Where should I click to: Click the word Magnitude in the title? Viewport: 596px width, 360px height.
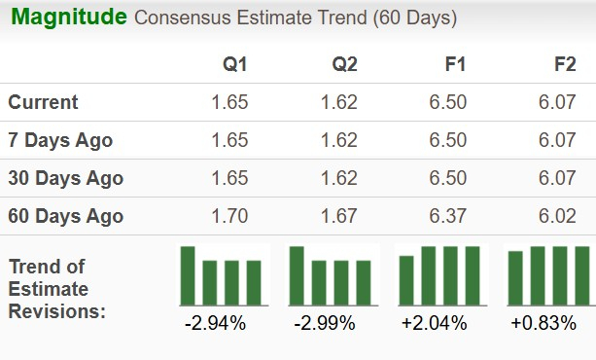coord(69,18)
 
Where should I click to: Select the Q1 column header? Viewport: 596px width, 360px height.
coord(235,65)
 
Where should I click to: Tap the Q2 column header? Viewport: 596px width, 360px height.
coord(344,65)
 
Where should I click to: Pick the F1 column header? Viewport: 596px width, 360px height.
coord(454,65)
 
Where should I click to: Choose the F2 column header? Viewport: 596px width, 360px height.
coord(564,65)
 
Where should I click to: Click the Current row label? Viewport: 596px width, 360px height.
coord(44,102)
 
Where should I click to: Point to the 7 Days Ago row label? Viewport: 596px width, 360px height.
coord(60,140)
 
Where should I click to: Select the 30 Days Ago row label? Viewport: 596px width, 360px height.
coord(65,178)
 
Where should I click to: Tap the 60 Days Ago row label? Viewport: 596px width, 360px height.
coord(65,216)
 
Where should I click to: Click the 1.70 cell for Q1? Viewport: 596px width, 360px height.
coord(229,216)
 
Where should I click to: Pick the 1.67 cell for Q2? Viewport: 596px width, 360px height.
coord(339,216)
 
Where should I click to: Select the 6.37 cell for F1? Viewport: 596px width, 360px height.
coord(448,216)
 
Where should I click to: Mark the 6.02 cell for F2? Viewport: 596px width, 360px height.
coord(558,216)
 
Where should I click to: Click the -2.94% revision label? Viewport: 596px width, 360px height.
coord(215,323)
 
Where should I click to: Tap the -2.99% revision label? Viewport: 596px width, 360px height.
coord(324,323)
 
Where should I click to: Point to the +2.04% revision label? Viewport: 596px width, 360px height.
coord(434,323)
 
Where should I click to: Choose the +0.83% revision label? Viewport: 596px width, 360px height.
coord(543,323)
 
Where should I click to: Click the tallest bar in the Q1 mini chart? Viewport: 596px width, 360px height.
coord(188,275)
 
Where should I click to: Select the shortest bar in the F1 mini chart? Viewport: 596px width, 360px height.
coord(406,280)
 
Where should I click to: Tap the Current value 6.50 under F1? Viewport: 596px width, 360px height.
coord(448,102)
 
